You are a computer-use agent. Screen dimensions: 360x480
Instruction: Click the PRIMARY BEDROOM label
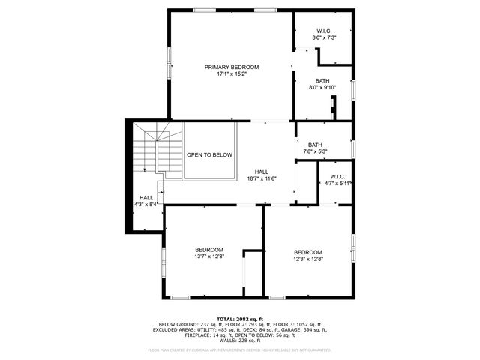pyautogui.click(x=232, y=67)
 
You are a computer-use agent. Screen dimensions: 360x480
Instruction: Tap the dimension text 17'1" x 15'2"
pyautogui.click(x=232, y=73)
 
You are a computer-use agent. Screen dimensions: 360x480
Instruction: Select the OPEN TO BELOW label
pyautogui.click(x=209, y=154)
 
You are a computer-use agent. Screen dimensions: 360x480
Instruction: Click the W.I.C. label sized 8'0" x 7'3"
pyautogui.click(x=324, y=31)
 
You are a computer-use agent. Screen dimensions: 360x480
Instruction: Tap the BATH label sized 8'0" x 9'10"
pyautogui.click(x=322, y=80)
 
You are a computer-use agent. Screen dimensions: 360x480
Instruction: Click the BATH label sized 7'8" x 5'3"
pyautogui.click(x=315, y=145)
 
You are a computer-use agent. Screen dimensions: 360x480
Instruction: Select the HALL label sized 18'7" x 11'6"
pyautogui.click(x=262, y=172)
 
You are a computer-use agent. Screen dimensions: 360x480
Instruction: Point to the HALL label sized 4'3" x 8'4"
pyautogui.click(x=145, y=197)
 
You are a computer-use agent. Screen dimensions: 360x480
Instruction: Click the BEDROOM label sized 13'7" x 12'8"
pyautogui.click(x=209, y=250)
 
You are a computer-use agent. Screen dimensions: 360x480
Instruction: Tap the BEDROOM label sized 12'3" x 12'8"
pyautogui.click(x=307, y=252)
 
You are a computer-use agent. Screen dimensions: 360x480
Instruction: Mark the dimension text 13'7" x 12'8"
pyautogui.click(x=209, y=256)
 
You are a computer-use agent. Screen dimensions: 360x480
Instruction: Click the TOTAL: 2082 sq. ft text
pyautogui.click(x=240, y=318)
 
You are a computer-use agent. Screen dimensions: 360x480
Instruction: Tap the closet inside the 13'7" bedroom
pyautogui.click(x=252, y=274)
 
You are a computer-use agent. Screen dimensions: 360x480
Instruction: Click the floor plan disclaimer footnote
pyautogui.click(x=240, y=349)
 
